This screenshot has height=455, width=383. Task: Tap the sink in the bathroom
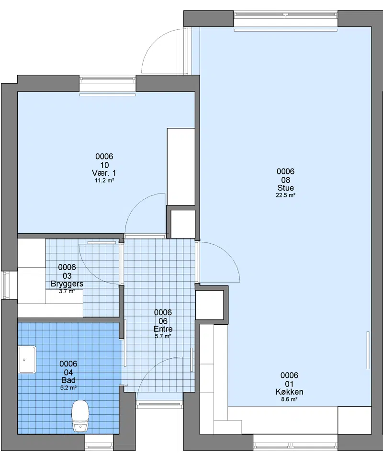click(27, 360)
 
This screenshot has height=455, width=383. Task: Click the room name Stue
click(285, 188)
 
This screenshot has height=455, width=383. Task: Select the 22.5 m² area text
click(285, 195)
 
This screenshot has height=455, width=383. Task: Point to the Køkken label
click(289, 392)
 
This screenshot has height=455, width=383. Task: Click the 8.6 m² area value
click(289, 399)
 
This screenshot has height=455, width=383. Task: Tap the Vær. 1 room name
click(104, 173)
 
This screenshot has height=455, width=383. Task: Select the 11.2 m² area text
click(104, 181)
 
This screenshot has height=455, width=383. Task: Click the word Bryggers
click(67, 284)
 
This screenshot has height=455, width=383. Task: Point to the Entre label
click(163, 329)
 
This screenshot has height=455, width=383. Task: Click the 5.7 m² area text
click(163, 336)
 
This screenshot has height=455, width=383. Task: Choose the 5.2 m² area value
click(68, 387)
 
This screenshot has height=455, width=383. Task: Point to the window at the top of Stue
click(285, 15)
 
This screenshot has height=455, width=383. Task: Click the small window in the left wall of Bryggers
click(6, 285)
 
